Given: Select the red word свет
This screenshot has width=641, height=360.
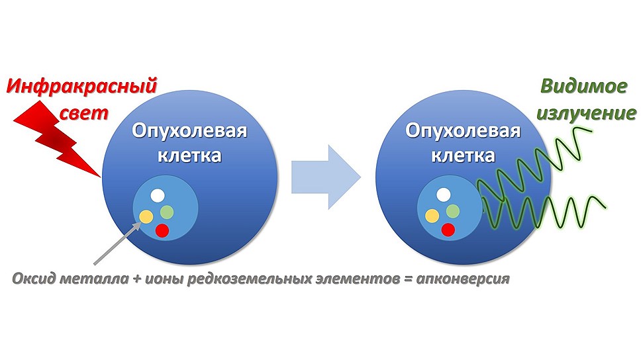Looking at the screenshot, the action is [x=84, y=113].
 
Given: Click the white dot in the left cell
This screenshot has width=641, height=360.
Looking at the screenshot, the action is [x=158, y=195].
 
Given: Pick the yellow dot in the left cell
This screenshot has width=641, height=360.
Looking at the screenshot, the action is [x=146, y=216].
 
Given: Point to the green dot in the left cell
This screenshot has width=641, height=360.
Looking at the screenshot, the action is [x=167, y=212].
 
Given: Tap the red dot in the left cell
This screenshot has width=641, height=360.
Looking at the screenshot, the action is [x=162, y=230].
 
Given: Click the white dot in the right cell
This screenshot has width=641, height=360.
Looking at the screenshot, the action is [x=444, y=195].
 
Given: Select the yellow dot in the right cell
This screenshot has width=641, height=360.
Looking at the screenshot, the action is [x=432, y=215].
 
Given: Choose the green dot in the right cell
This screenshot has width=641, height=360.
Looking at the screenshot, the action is [x=453, y=211].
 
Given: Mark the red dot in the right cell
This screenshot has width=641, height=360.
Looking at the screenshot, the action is [x=448, y=230].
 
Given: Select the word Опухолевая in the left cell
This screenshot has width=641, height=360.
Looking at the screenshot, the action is [x=189, y=131].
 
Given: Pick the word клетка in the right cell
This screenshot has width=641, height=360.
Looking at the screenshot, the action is [x=463, y=156].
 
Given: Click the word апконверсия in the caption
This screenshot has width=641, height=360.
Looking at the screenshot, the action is [x=463, y=279].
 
